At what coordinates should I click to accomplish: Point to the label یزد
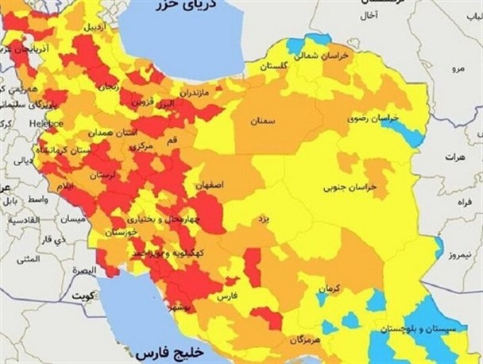259,216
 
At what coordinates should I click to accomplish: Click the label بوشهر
180,306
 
